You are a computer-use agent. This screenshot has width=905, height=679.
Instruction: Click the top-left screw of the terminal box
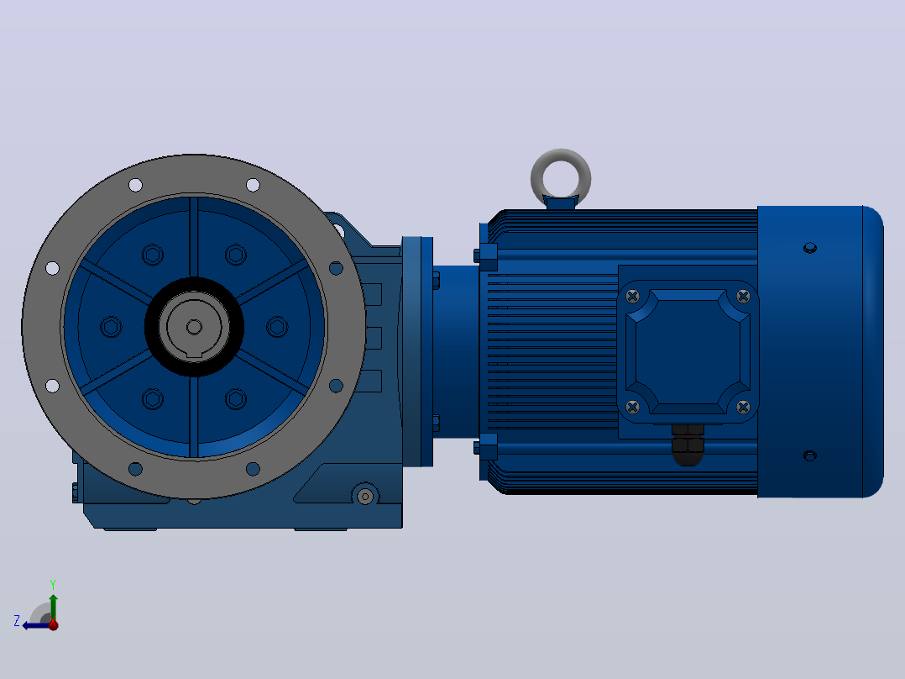click(633, 297)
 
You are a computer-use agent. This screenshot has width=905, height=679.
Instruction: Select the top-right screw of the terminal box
click(744, 297)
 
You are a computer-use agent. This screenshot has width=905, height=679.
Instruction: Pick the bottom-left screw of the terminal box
click(633, 407)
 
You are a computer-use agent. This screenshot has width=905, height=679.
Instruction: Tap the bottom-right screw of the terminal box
click(744, 407)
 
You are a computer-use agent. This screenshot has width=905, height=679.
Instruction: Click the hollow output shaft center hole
click(194, 327)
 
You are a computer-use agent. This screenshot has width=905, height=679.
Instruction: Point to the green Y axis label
click(53, 584)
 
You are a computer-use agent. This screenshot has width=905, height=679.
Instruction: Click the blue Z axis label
click(17, 621)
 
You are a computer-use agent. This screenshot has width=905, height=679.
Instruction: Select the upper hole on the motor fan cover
click(810, 248)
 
